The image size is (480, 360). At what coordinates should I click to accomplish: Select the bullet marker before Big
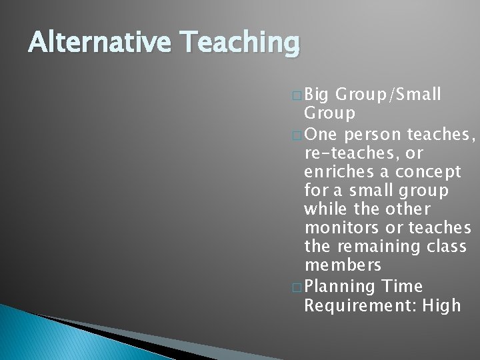(x=298, y=95)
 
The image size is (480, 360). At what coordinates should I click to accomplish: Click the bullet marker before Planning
(x=298, y=287)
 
